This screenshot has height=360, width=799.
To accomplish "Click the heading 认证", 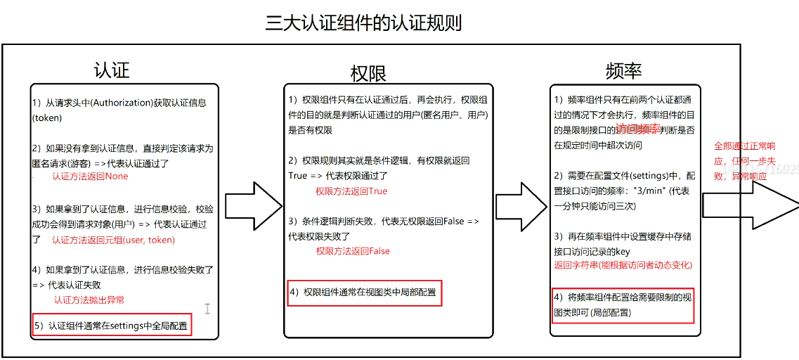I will point(112,70).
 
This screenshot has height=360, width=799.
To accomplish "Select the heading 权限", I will point(368,72).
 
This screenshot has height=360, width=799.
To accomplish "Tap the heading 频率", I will point(623,70).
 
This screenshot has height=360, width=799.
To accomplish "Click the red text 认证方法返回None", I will point(90,176).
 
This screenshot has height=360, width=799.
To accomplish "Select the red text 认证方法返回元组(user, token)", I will point(113,240).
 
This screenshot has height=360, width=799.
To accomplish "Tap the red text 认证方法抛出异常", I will point(89,300).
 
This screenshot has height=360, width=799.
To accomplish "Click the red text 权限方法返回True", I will point(351,191).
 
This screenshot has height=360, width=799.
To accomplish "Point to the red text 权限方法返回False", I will point(353,251).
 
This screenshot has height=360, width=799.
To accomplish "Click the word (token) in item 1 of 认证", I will point(47,118).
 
